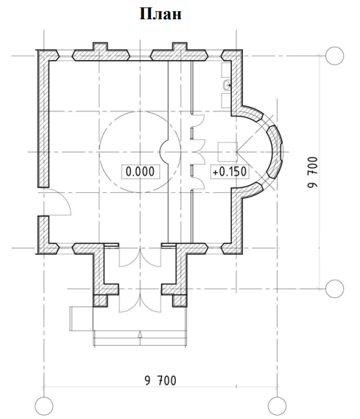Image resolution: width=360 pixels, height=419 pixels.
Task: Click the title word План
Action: point(161,14)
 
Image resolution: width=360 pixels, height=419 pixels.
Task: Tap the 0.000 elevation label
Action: point(140,172)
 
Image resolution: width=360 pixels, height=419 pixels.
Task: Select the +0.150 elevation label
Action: point(230,172)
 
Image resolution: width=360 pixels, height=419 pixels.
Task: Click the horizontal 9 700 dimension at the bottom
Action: point(161,380)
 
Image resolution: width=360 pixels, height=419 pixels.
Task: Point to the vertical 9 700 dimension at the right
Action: point(312,172)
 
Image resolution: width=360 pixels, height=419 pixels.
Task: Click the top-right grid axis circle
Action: point(334,56)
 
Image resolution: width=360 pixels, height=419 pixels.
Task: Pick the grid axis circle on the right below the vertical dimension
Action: point(334,289)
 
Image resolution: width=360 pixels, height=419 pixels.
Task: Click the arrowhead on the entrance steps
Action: point(139,334)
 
